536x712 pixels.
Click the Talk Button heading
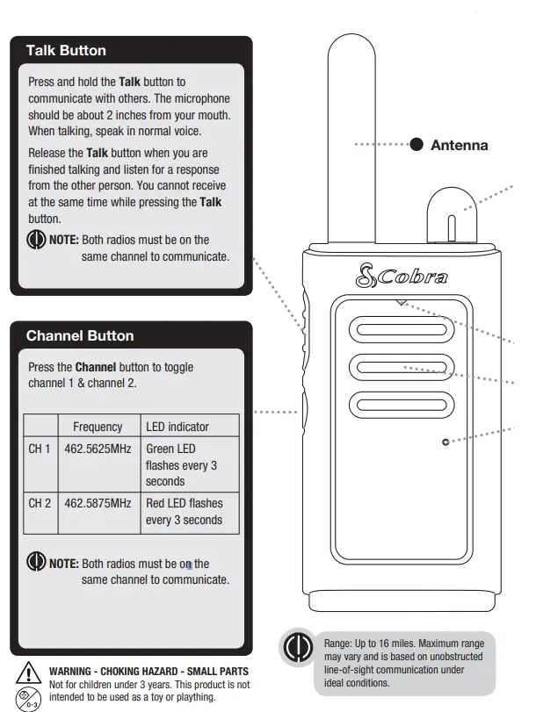click(66, 50)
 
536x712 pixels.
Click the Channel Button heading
click(80, 335)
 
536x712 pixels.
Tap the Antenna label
click(459, 145)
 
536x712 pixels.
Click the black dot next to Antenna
click(416, 144)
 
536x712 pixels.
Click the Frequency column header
click(98, 427)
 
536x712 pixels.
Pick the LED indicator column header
click(177, 427)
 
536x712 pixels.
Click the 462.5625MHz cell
click(98, 449)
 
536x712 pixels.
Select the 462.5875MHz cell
click(98, 503)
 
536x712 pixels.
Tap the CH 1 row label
click(40, 449)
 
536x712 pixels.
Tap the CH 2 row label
click(40, 503)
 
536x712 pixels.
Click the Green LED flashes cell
click(181, 464)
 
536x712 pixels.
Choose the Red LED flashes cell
click(185, 511)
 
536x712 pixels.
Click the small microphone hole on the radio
click(445, 442)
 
